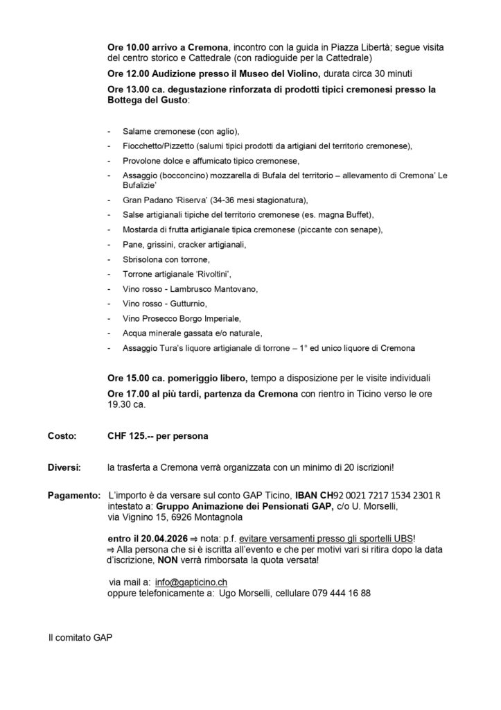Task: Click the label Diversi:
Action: [x=63, y=468]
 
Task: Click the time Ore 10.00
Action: [x=127, y=46]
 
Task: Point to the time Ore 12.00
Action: [x=127, y=73]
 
